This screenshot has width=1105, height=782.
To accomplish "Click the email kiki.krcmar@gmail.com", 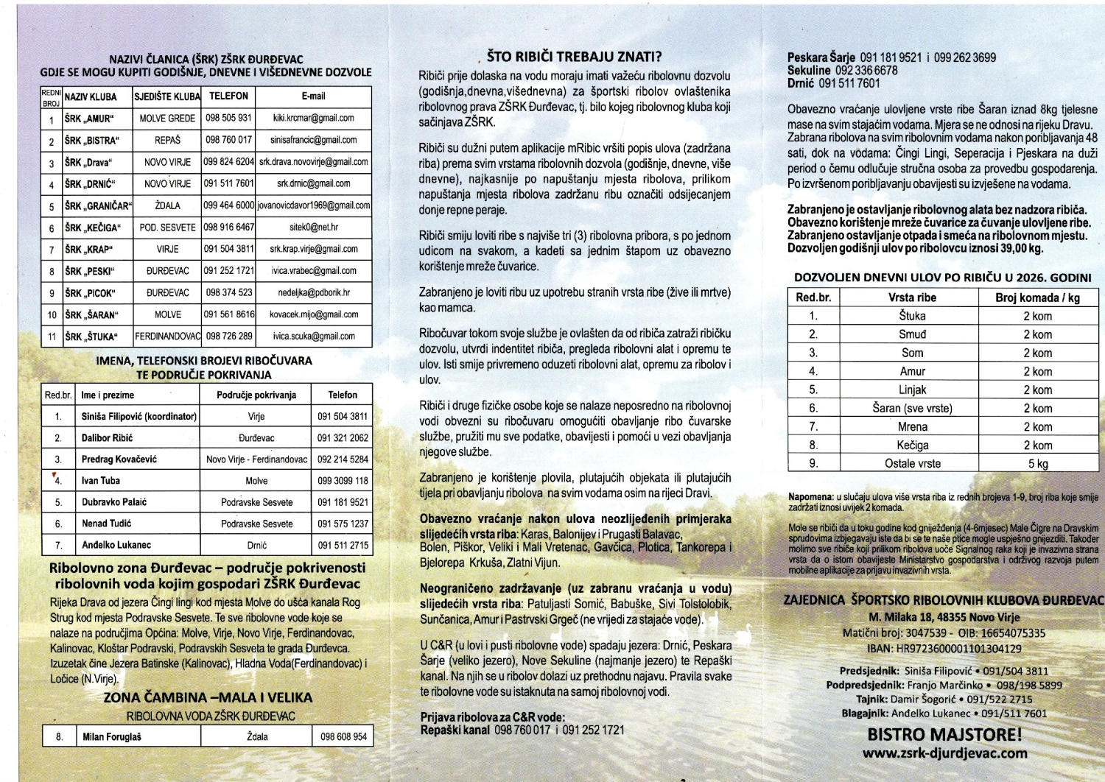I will tap(313, 118).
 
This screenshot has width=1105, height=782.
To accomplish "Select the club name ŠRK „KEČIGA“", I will tap(93, 228).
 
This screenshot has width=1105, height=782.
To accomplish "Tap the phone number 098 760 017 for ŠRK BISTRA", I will tap(228, 140).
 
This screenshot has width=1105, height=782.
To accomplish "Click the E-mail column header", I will tap(313, 96).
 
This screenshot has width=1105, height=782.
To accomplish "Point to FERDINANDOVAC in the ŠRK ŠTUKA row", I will tap(167, 337).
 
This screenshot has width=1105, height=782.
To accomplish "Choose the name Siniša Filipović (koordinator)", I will tap(138, 416).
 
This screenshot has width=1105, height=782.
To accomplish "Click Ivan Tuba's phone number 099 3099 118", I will tap(342, 481).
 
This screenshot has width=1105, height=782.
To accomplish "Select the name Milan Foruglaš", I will tap(112, 736).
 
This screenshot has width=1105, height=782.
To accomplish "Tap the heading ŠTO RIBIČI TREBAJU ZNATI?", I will tap(574, 57).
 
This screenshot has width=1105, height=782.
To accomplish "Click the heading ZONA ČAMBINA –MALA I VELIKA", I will tap(208, 697).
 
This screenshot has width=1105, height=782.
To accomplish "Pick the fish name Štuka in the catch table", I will tap(912, 316).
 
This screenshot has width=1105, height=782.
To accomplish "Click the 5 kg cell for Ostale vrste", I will tap(1037, 464).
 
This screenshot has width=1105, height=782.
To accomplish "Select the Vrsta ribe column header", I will tap(912, 297).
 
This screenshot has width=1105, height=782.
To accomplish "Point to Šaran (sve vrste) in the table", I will tap(912, 409).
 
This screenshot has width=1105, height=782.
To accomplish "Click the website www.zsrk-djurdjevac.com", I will tap(944, 753).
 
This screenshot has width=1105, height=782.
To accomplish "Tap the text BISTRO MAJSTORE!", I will tap(944, 734).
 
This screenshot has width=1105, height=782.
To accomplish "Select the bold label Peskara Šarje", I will tap(821, 57).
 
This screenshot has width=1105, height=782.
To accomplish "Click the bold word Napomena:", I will tap(810, 497).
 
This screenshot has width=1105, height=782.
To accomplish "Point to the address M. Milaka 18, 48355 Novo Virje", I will tap(944, 617).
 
